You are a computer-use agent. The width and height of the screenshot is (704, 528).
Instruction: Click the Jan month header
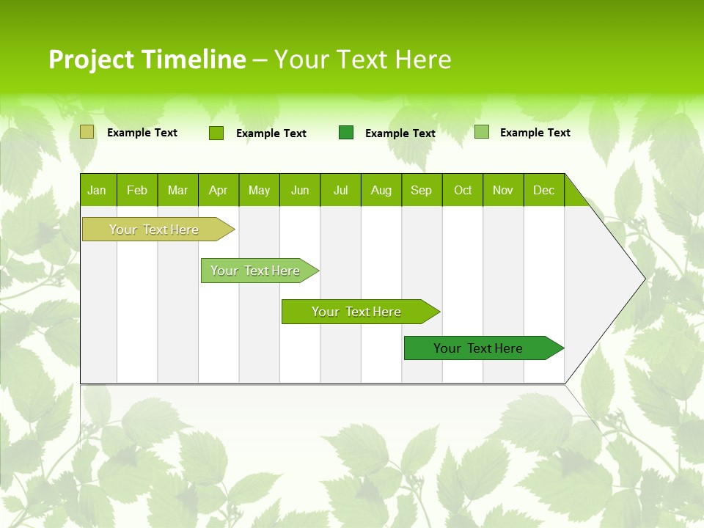click(x=98, y=190)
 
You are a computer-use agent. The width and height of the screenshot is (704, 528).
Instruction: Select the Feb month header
click(x=137, y=190)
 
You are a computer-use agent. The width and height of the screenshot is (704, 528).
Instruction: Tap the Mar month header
click(x=177, y=190)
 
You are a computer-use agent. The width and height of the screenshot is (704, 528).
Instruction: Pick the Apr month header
click(x=219, y=190)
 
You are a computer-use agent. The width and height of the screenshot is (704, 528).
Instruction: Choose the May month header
click(x=259, y=190)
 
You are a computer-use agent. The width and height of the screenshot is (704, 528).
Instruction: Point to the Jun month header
click(x=300, y=190)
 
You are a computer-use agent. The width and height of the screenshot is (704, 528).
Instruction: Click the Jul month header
click(x=340, y=190)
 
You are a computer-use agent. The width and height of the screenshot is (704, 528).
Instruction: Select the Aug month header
click(x=381, y=190)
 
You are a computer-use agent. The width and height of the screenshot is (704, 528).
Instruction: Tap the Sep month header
click(x=422, y=190)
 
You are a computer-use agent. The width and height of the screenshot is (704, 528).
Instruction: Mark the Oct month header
click(x=463, y=190)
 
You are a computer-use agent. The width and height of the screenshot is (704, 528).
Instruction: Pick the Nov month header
click(x=503, y=190)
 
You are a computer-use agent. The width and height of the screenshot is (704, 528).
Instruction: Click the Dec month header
click(x=544, y=190)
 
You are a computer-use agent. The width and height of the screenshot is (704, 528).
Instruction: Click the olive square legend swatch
click(x=87, y=132)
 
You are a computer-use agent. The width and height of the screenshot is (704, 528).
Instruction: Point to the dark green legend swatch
click(x=346, y=132)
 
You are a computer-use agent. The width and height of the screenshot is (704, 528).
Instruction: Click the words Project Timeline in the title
click(x=147, y=59)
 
